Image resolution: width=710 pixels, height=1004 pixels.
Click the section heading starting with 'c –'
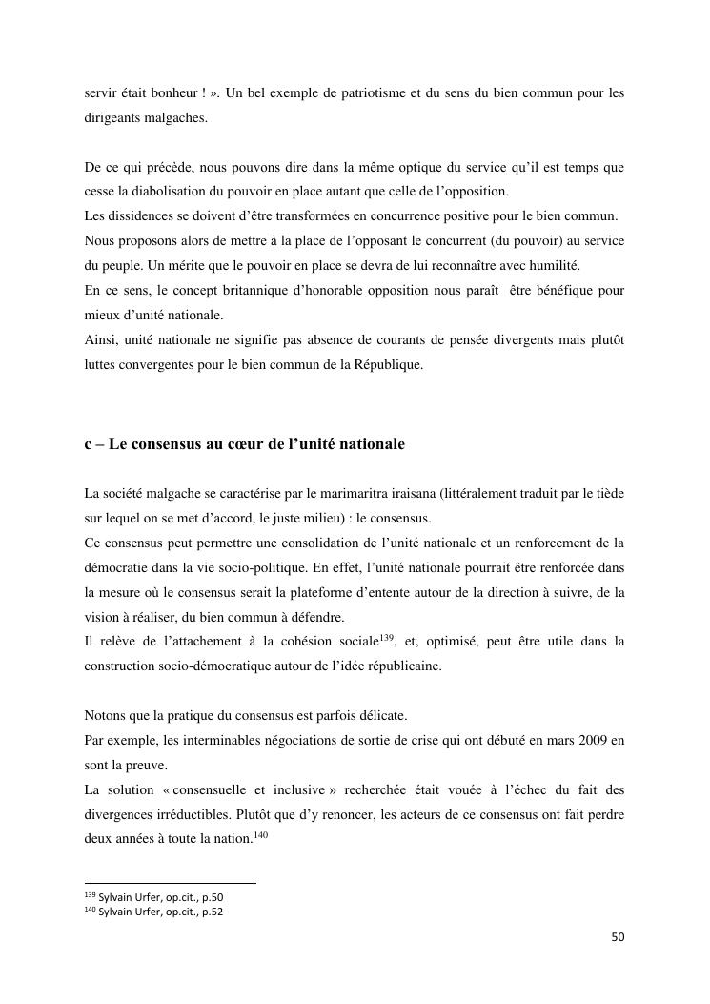tap(244, 444)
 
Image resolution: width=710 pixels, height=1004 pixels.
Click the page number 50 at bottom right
tap(618, 937)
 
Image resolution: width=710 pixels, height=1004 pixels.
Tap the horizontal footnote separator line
tap(170, 884)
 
